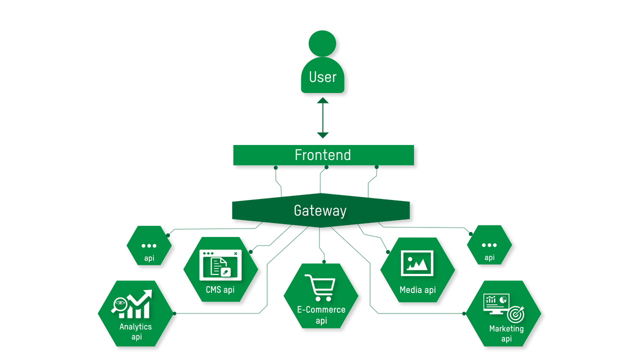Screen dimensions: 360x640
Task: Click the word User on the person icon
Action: click(x=322, y=77)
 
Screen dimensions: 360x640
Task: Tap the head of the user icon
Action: click(x=322, y=43)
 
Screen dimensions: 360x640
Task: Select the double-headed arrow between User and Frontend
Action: click(x=323, y=118)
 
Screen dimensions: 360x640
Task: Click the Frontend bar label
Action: click(x=323, y=155)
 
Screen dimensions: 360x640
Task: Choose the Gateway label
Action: click(x=320, y=210)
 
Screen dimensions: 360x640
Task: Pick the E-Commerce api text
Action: click(x=321, y=315)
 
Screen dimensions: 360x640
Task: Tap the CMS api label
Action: click(x=220, y=289)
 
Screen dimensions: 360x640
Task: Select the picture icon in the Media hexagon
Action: click(x=417, y=263)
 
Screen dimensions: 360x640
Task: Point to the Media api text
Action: click(x=417, y=290)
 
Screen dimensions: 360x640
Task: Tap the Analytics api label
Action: click(x=135, y=331)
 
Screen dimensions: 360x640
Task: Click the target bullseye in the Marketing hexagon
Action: click(x=515, y=315)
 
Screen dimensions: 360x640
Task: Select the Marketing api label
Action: click(x=506, y=333)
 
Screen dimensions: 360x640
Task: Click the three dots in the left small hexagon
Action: click(x=149, y=245)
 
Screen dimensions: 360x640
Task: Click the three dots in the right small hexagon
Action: click(x=489, y=245)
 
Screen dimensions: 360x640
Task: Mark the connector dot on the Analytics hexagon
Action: click(x=174, y=313)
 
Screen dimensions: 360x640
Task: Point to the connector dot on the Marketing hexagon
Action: click(x=464, y=313)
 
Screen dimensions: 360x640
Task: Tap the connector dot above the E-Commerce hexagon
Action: click(x=324, y=261)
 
